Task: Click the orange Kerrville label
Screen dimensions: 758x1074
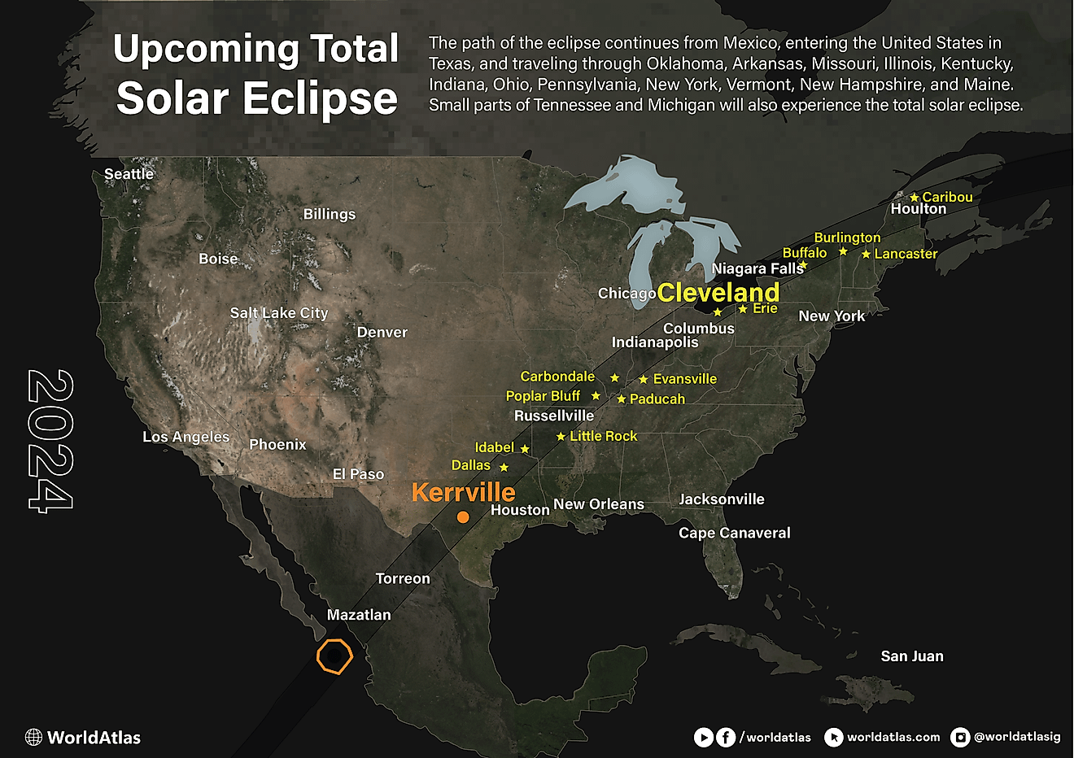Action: click(463, 492)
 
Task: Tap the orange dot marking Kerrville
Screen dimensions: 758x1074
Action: click(463, 517)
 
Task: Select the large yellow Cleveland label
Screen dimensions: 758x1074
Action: click(718, 293)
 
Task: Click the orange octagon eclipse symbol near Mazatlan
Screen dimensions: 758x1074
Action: click(334, 656)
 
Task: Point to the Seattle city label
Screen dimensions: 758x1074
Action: click(129, 174)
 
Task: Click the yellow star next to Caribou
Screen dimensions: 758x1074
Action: click(915, 198)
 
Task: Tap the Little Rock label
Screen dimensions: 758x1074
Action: click(603, 436)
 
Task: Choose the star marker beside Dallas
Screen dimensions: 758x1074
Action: click(504, 468)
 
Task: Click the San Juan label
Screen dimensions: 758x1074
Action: click(912, 656)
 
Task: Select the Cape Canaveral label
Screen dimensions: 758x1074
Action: click(734, 533)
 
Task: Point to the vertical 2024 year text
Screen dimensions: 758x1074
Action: click(50, 442)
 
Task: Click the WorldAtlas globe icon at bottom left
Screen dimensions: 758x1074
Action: click(33, 738)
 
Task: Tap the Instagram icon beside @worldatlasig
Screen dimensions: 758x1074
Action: click(961, 737)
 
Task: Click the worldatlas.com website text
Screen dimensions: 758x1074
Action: click(893, 737)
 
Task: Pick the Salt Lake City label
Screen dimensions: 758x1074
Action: click(278, 313)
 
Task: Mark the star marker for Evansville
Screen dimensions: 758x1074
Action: click(644, 380)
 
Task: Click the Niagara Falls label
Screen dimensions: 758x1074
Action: click(757, 268)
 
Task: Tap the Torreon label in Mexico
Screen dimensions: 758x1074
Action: click(403, 578)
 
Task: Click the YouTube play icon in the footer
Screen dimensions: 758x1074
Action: click(703, 737)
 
